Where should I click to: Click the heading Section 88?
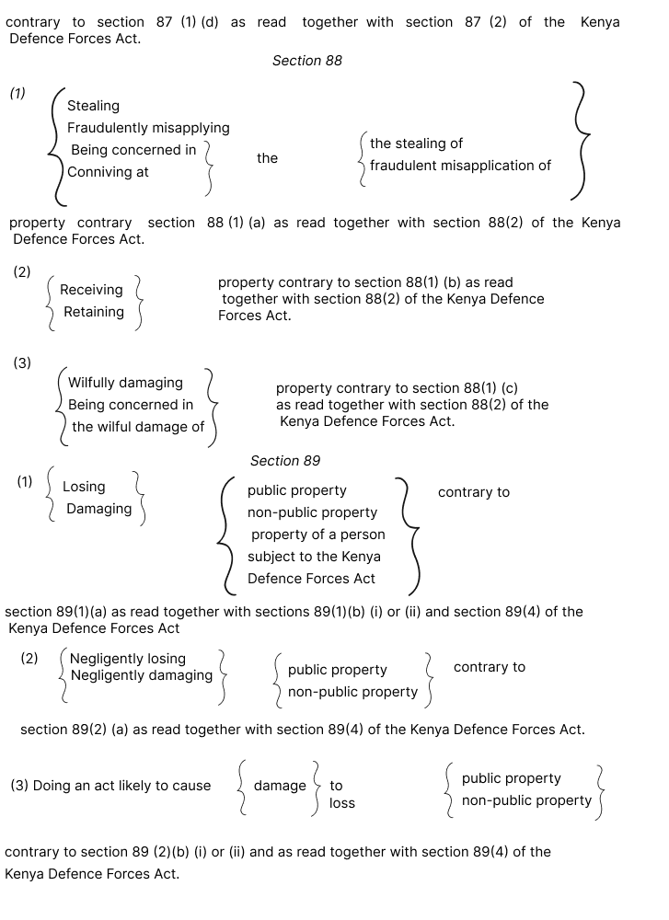tap(306, 61)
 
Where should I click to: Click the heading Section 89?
tap(285, 461)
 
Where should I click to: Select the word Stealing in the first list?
tap(93, 106)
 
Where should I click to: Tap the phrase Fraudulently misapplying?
tap(148, 128)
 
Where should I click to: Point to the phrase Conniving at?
tap(108, 172)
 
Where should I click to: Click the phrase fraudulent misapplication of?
tap(460, 166)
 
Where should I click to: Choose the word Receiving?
tap(91, 290)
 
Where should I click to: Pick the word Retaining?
tap(94, 312)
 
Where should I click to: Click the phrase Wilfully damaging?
tap(125, 383)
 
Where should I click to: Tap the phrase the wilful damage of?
tap(138, 427)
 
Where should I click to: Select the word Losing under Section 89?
tap(84, 487)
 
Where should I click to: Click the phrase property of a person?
tap(318, 535)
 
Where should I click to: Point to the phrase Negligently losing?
tap(128, 659)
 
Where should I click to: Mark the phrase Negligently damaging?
tap(141, 675)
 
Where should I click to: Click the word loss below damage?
tap(342, 803)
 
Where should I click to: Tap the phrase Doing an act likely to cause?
tap(110, 786)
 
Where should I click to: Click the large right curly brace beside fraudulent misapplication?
tap(578, 140)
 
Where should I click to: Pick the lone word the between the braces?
tap(267, 158)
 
